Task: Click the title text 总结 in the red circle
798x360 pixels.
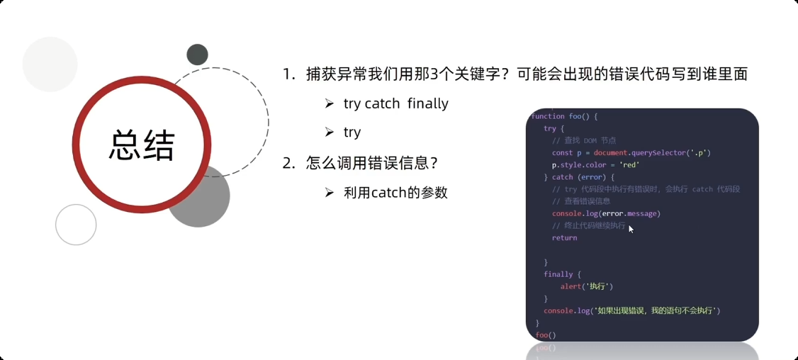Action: click(x=142, y=146)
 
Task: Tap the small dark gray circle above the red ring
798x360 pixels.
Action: click(x=197, y=55)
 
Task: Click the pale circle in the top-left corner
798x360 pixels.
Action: click(x=50, y=64)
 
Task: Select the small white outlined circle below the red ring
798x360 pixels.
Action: click(x=76, y=224)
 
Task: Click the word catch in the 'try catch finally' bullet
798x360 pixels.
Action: click(x=383, y=103)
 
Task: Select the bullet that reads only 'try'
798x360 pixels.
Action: click(x=352, y=133)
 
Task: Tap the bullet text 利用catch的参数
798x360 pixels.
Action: click(x=395, y=192)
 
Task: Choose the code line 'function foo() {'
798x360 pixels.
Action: click(x=565, y=116)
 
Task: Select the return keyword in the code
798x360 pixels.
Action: click(x=564, y=237)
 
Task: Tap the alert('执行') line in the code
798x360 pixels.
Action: click(x=586, y=286)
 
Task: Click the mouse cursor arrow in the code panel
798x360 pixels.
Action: click(x=631, y=228)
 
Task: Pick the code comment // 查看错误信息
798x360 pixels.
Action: click(x=580, y=201)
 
